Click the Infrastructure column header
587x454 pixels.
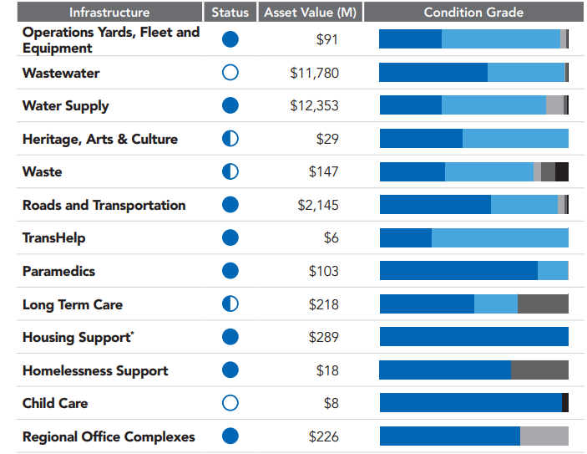(109, 12)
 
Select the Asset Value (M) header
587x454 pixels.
(309, 12)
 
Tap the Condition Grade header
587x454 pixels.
(473, 12)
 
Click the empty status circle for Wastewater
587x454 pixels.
(230, 73)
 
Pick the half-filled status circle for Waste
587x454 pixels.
(230, 171)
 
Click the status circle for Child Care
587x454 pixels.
(230, 403)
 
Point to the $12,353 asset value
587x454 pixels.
(314, 106)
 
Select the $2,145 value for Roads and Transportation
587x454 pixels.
(318, 205)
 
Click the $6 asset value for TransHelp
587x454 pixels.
(331, 238)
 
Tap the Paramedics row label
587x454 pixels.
(58, 271)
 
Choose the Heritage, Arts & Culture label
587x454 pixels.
(99, 139)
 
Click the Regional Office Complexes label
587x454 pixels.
(109, 436)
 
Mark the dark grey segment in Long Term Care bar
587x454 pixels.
(543, 304)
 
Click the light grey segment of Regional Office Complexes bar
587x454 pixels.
(544, 436)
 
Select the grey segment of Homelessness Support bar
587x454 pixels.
(539, 370)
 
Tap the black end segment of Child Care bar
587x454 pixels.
(565, 403)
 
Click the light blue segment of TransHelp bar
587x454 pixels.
(499, 238)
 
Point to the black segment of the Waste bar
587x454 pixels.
(562, 171)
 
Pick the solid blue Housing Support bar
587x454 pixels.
(473, 337)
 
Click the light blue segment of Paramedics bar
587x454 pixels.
(552, 271)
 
